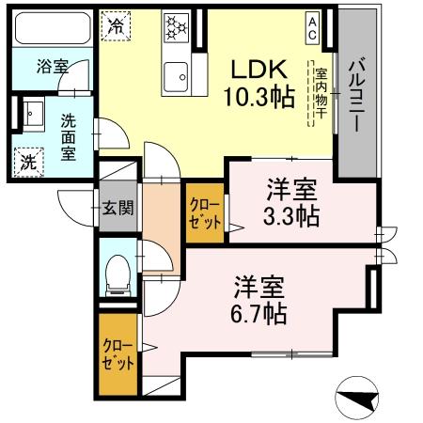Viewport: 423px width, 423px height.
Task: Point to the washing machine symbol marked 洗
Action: click(30, 160)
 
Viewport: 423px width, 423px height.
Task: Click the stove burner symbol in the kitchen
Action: click(175, 29)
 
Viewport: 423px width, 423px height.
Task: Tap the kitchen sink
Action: click(175, 73)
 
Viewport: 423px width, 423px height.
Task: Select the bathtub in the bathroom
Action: click(52, 29)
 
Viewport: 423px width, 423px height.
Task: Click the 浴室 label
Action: click(51, 68)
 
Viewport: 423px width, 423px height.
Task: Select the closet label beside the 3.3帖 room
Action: click(205, 212)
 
